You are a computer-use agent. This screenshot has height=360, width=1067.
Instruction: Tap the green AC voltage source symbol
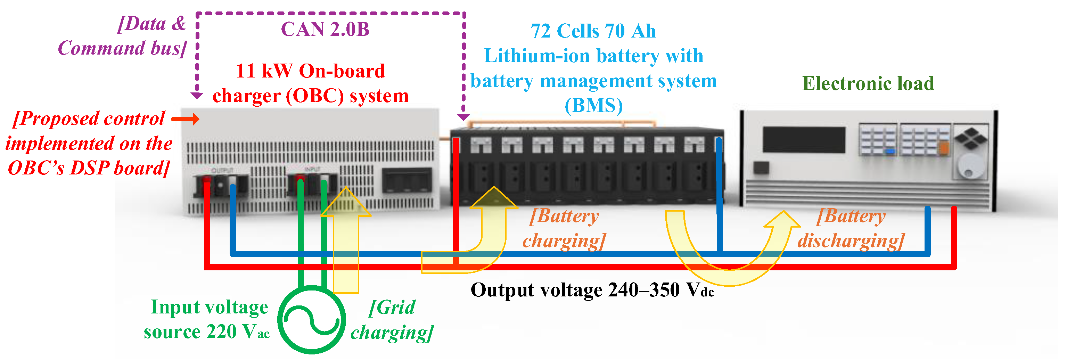[x=312, y=319]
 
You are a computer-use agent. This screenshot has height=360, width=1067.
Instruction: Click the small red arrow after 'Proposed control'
[x=185, y=119]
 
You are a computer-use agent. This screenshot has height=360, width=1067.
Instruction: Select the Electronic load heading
[x=868, y=83]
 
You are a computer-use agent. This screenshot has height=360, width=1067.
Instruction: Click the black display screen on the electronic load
[x=804, y=140]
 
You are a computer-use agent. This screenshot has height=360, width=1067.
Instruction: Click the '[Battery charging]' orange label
[x=564, y=228]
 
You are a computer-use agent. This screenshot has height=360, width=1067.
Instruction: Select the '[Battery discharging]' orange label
[x=851, y=228]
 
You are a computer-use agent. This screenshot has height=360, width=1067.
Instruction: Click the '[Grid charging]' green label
[x=392, y=319]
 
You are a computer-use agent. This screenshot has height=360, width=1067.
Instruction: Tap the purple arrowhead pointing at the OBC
[x=197, y=96]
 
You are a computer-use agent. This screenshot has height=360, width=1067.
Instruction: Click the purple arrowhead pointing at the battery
[x=463, y=118]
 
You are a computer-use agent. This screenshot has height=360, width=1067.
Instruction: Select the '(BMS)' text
[x=593, y=106]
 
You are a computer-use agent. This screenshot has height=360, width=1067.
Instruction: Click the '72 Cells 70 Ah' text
[x=593, y=31]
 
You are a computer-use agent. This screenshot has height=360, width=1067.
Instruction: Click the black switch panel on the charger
[x=407, y=181]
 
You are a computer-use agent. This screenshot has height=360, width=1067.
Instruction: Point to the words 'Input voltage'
[x=209, y=307]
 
